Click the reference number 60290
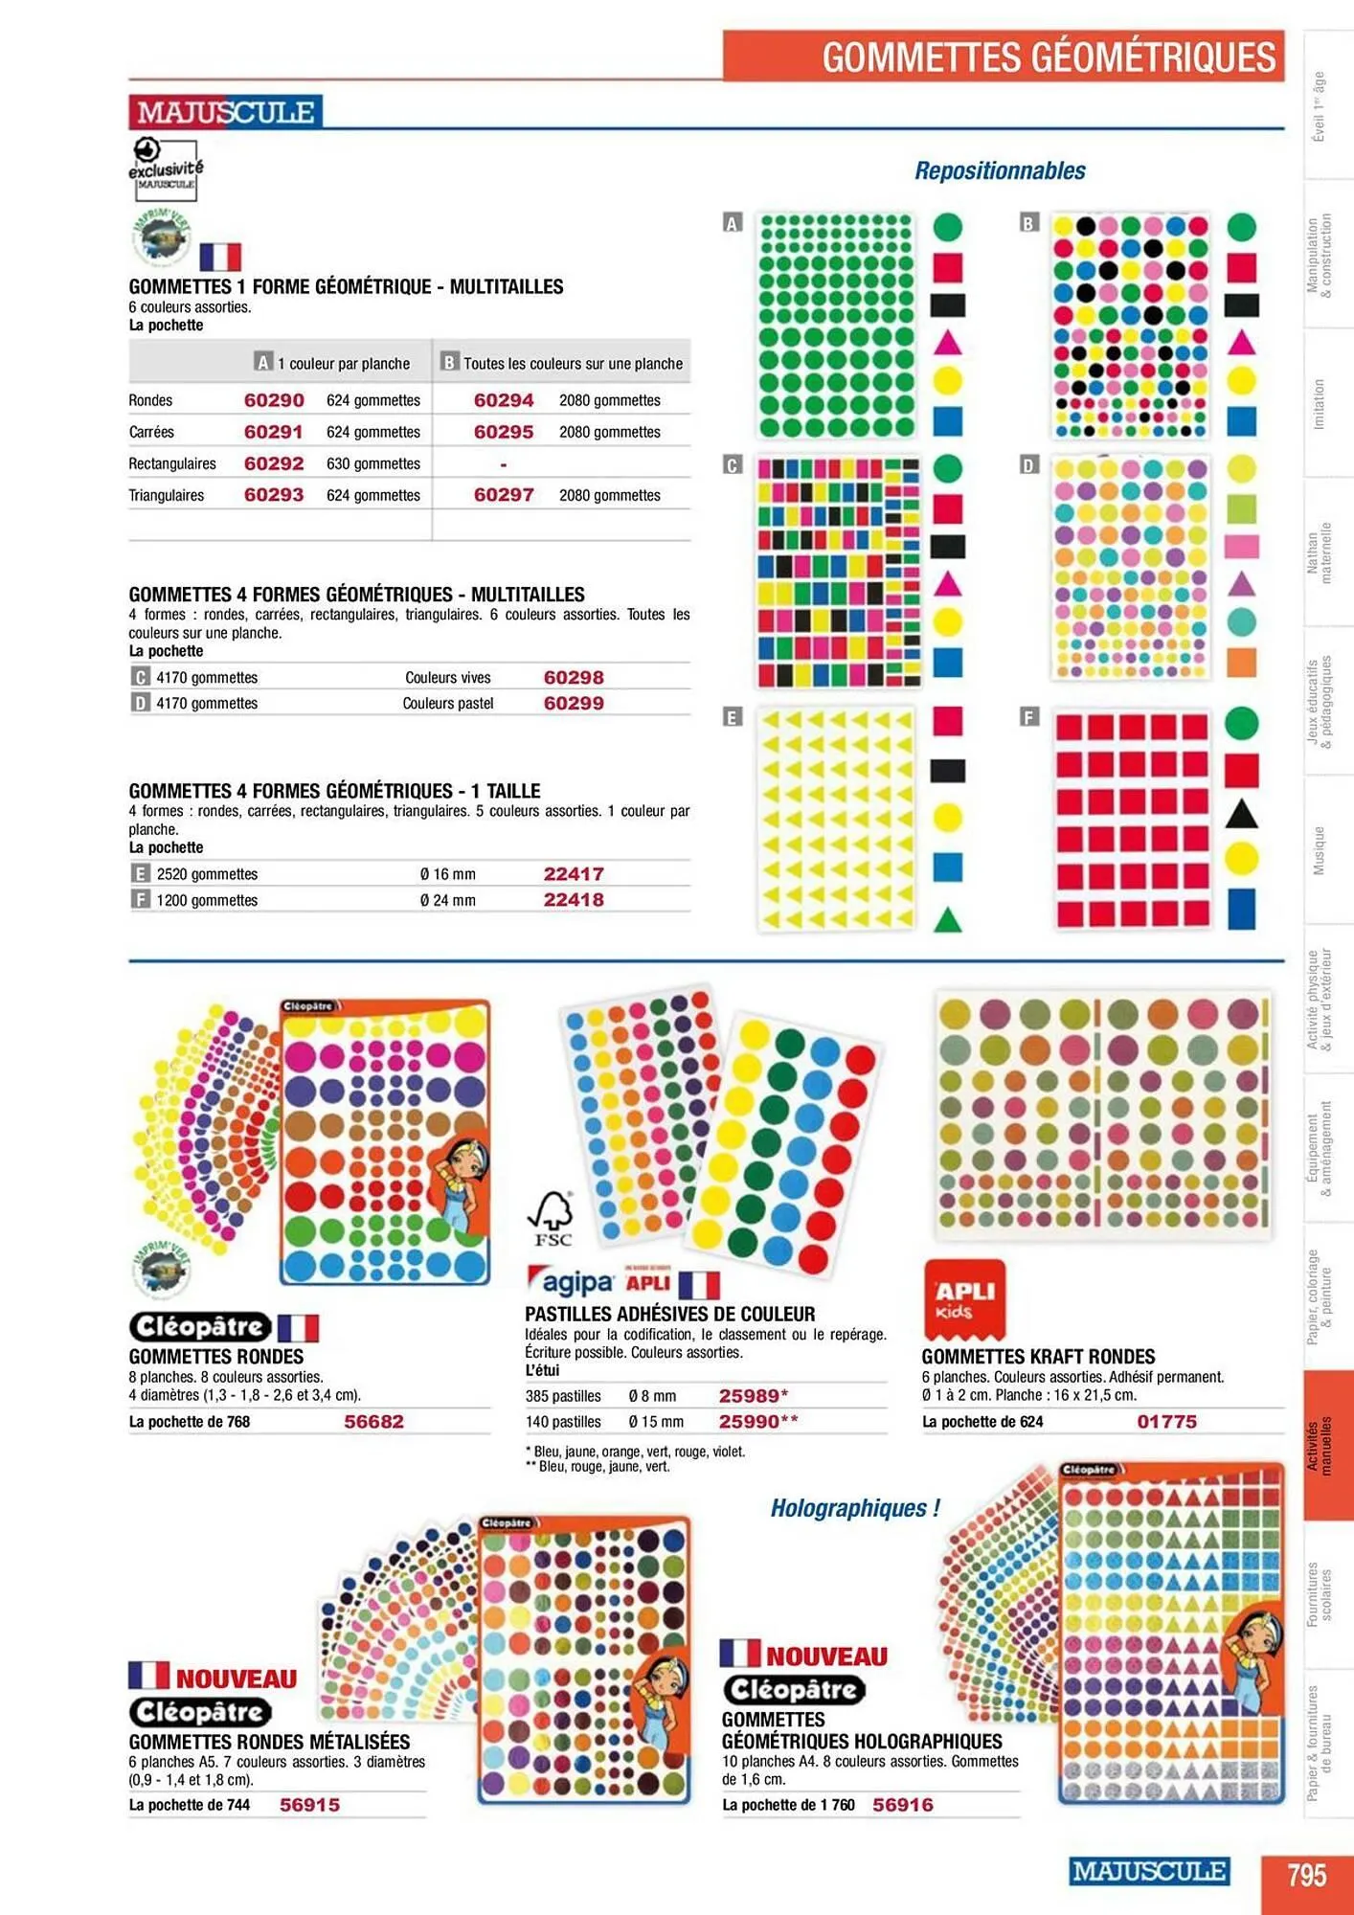(274, 400)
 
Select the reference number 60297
(504, 495)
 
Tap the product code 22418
(574, 900)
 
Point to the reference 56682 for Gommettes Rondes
(373, 1422)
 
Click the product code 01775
(1166, 1422)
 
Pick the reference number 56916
(902, 1805)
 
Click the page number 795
(1306, 1874)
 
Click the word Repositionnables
(1000, 171)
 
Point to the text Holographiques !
(855, 1509)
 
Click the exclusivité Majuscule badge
(165, 169)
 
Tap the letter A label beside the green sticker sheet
(733, 224)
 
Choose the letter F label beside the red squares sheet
(1029, 717)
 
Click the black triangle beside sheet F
(1241, 814)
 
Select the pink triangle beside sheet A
(947, 343)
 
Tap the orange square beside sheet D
(1241, 662)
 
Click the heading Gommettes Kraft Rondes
(1038, 1357)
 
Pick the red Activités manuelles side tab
(1327, 1445)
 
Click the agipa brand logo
(571, 1283)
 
